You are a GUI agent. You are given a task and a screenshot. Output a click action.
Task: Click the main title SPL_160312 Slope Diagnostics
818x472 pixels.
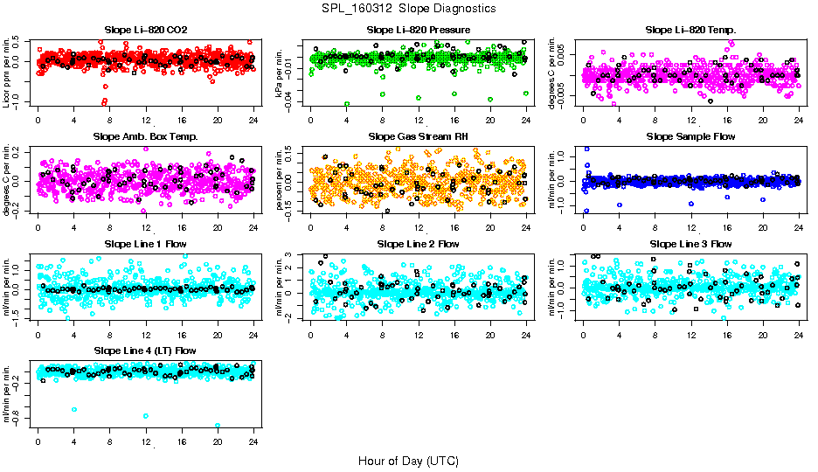pyautogui.click(x=408, y=8)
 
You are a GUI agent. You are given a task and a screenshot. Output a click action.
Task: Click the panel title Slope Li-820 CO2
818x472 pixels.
pyautogui.click(x=145, y=30)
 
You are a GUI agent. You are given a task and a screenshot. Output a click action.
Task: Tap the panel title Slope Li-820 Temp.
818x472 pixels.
pyautogui.click(x=690, y=30)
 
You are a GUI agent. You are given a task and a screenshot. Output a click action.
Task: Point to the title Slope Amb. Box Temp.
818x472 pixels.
pyautogui.click(x=145, y=136)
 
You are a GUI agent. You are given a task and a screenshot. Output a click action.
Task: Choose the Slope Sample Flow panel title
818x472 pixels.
pyautogui.click(x=690, y=136)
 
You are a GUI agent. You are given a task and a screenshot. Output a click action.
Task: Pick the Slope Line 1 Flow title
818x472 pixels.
pyautogui.click(x=145, y=244)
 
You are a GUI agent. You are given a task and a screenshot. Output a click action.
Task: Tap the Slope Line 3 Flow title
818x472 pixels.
pyautogui.click(x=690, y=244)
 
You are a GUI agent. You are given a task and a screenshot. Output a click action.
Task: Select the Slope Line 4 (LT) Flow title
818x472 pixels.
pyautogui.click(x=145, y=351)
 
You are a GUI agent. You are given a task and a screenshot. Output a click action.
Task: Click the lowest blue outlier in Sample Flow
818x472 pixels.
pyautogui.click(x=586, y=212)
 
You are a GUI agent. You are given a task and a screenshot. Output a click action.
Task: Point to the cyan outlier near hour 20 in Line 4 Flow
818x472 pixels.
pyautogui.click(x=218, y=426)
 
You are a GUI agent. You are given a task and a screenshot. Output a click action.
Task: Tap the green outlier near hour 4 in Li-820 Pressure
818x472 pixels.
pyautogui.click(x=346, y=104)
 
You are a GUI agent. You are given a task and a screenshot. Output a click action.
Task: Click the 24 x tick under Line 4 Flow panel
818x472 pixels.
pyautogui.click(x=253, y=441)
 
